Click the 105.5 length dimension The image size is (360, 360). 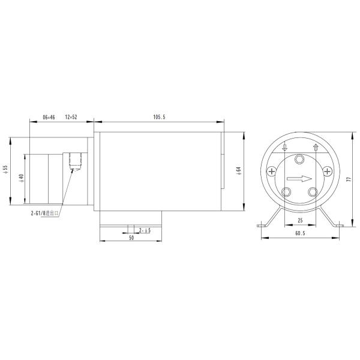tap(160, 118)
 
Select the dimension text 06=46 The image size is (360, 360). tap(49, 118)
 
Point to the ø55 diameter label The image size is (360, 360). tap(5, 170)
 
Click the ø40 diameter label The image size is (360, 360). tap(21, 178)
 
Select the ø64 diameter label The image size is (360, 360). tap(238, 170)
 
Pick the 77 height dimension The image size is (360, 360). tap(347, 178)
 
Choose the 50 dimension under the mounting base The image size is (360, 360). tap(130, 238)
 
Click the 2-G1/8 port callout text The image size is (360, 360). tap(44, 212)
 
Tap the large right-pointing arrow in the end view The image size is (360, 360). tap(299, 178)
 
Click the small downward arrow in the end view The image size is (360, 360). tap(285, 148)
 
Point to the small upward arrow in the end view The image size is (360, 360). tap(315, 148)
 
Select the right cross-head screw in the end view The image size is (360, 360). tap(327, 172)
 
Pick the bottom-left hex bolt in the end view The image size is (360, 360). tap(287, 192)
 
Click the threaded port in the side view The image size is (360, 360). tap(75, 160)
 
